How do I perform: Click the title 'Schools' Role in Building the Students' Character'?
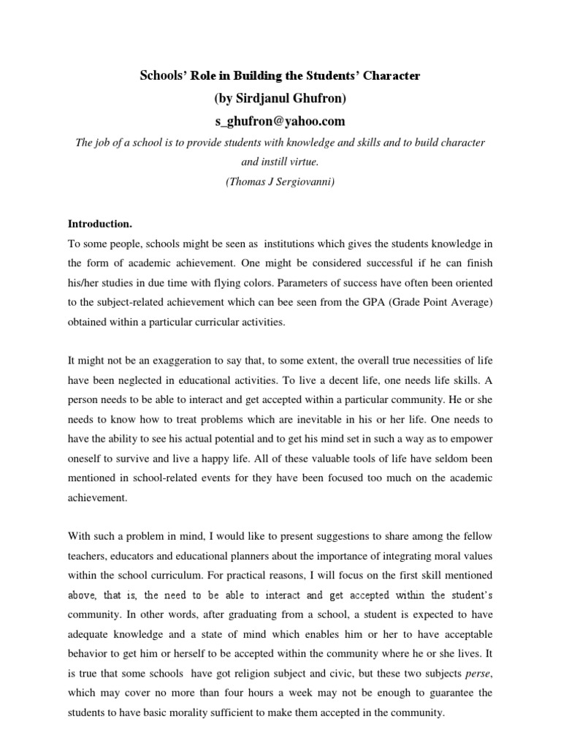[x=280, y=75]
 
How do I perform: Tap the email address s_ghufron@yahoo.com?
[x=280, y=121]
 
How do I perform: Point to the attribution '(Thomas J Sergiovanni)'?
[x=280, y=182]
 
